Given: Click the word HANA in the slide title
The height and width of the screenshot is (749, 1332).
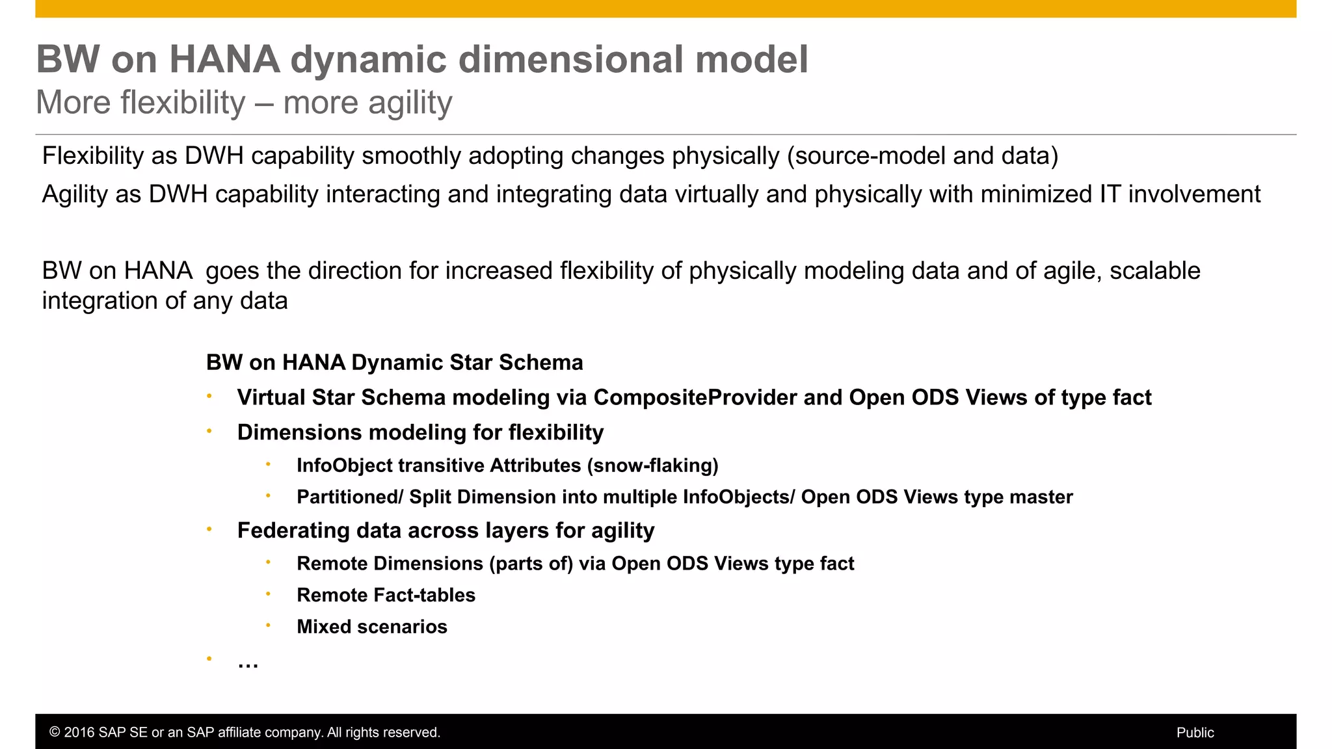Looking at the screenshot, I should tap(224, 59).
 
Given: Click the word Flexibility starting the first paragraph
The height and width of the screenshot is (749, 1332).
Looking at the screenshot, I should tap(92, 156).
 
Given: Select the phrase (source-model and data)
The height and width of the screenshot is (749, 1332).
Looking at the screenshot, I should tap(922, 156).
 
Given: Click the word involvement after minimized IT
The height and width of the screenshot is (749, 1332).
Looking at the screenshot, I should tap(1193, 194).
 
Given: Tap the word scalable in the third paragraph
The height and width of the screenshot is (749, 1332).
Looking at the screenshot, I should tap(1154, 270).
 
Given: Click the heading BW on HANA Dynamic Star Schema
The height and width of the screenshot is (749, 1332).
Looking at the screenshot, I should tap(394, 362).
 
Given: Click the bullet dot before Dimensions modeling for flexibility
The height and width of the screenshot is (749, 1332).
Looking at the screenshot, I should tap(209, 430).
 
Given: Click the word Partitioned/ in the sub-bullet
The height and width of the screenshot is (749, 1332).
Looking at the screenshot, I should tap(350, 497).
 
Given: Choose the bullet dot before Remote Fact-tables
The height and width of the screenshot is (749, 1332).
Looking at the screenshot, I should tap(268, 594).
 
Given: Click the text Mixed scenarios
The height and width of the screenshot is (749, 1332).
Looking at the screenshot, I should tap(371, 627).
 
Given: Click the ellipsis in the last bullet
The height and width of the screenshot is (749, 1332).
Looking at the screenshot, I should tap(248, 663).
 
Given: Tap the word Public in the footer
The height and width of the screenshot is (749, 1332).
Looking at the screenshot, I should tap(1195, 733).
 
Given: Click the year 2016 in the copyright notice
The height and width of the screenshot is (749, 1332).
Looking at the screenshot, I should tap(78, 733).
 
